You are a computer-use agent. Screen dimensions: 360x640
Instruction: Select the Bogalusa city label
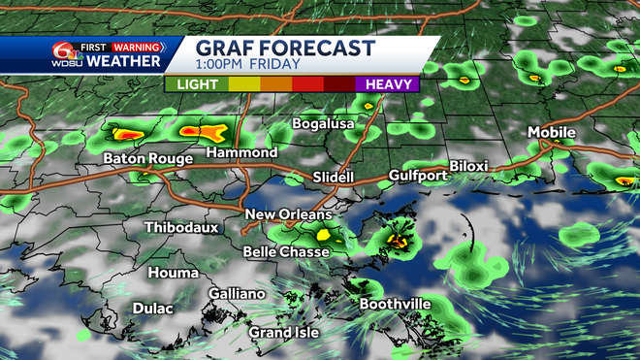(325, 124)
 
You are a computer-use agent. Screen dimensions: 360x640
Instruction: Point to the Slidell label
(334, 178)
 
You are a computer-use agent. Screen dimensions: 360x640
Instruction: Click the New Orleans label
(288, 214)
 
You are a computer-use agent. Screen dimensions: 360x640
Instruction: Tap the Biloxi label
(468, 167)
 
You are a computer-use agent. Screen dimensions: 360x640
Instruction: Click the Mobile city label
(552, 132)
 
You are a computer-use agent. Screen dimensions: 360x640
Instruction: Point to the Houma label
(174, 273)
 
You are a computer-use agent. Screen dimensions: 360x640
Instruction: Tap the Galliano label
(237, 294)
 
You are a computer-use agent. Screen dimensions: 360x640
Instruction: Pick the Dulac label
(150, 309)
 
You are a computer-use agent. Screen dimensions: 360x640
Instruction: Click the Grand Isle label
(282, 333)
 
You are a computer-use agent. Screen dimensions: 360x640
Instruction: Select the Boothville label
(396, 305)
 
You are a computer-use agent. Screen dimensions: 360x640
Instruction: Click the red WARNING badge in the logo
(137, 45)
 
